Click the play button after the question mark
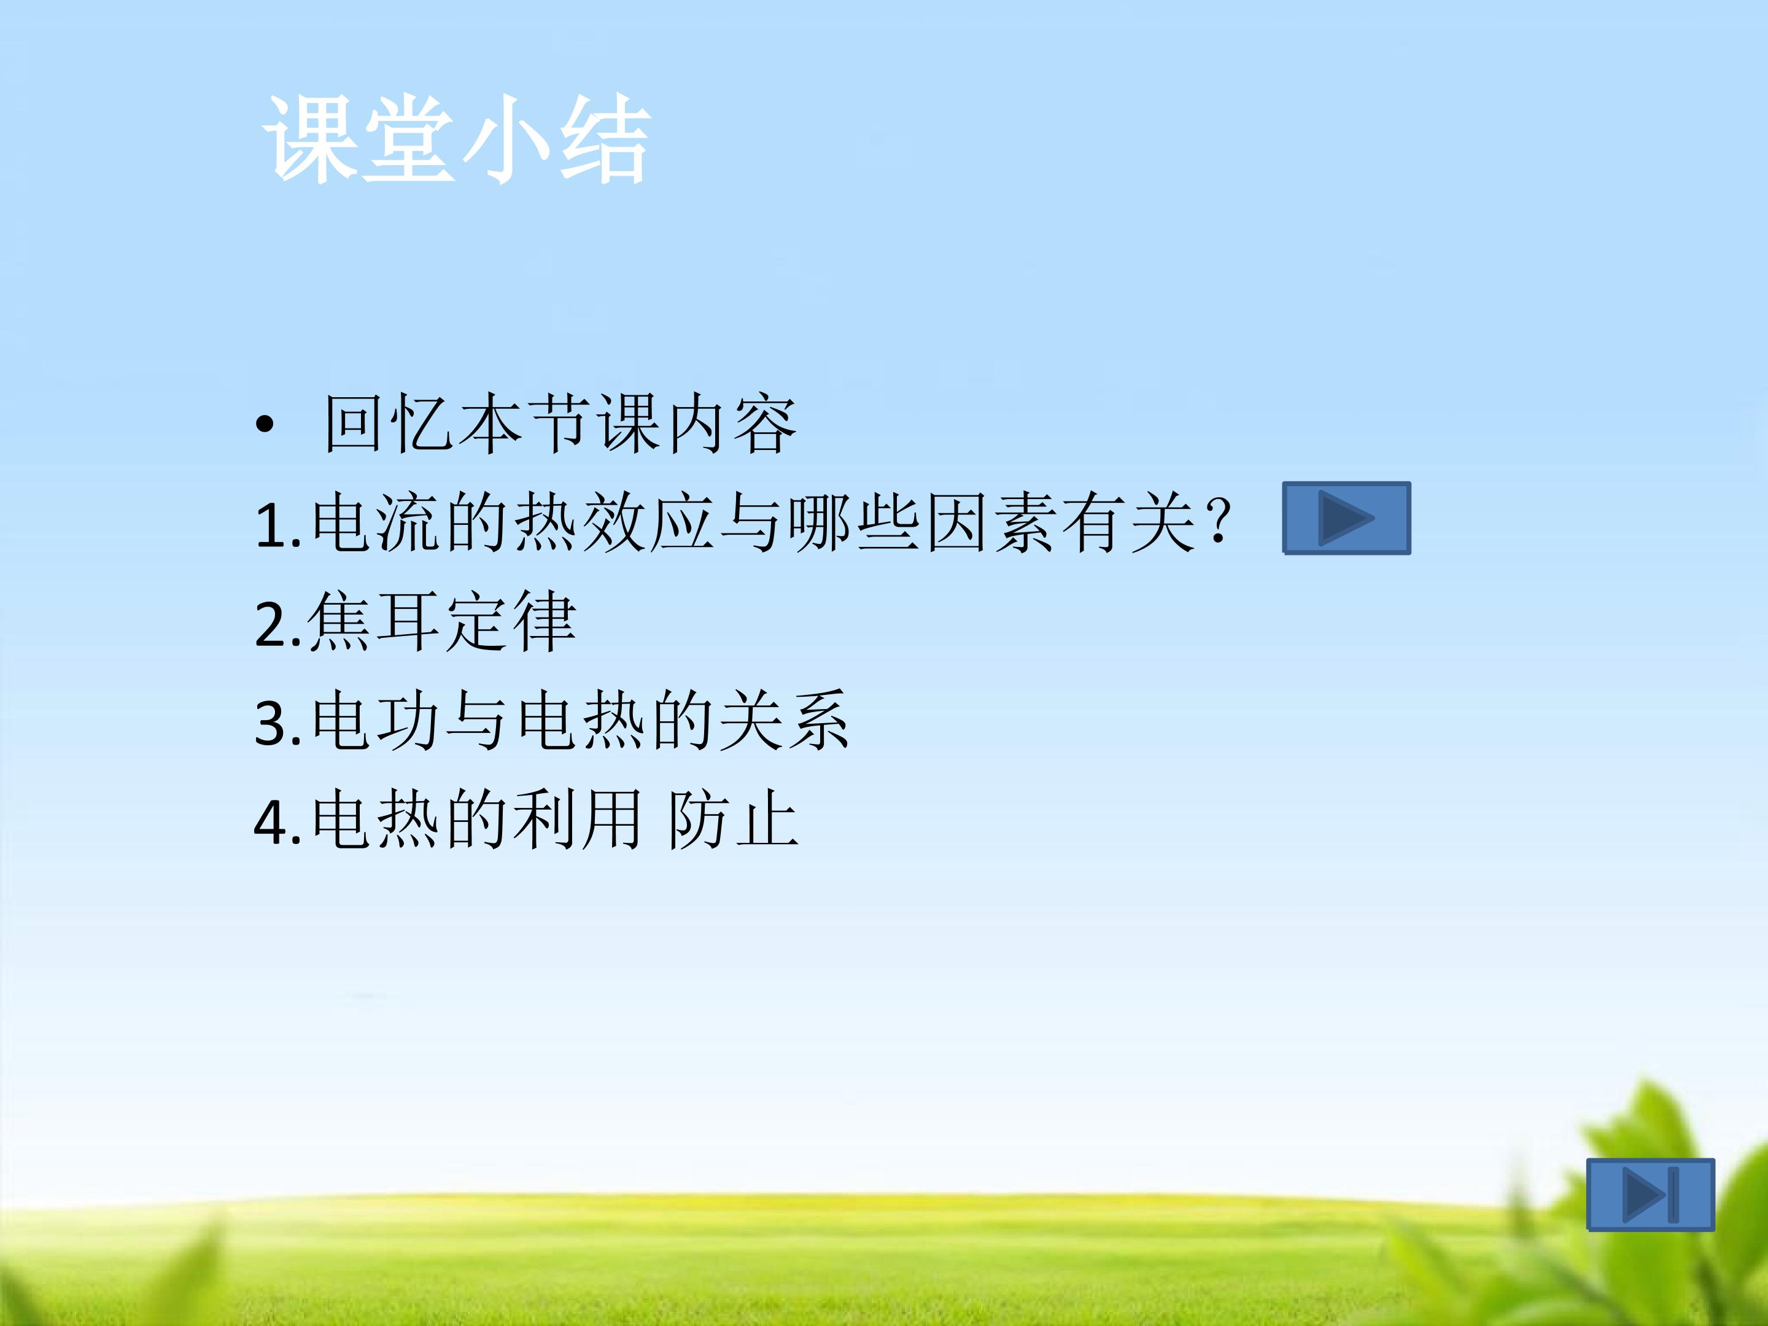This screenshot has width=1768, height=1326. click(1346, 518)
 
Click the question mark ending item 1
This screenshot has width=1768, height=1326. click(1220, 522)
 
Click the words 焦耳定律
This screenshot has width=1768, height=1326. click(441, 622)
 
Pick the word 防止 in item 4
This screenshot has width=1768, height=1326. click(733, 820)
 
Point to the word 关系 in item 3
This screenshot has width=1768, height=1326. click(783, 721)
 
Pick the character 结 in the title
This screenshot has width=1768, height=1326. click(604, 140)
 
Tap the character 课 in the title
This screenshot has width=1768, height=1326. click(309, 140)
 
